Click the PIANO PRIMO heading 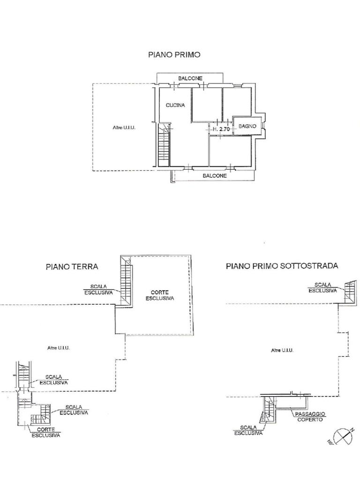pos(174,55)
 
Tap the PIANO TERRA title pos(72,267)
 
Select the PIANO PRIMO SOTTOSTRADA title pos(282,266)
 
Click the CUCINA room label pos(175,105)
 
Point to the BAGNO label pos(247,126)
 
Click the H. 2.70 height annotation pos(221,129)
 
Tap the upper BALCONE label pos(190,78)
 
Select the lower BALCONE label pos(215,176)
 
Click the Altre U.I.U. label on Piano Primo pos(124,127)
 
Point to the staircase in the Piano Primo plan pos(164,144)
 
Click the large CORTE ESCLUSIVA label pos(160,295)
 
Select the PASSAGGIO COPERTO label pos(310,417)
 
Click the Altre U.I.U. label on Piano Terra pos(59,348)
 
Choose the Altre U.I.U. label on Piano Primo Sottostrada pos(282,350)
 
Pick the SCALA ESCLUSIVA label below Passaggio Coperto pos(248,430)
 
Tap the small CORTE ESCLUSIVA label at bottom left pos(46,432)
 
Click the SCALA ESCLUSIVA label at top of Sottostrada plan pos(322,288)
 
